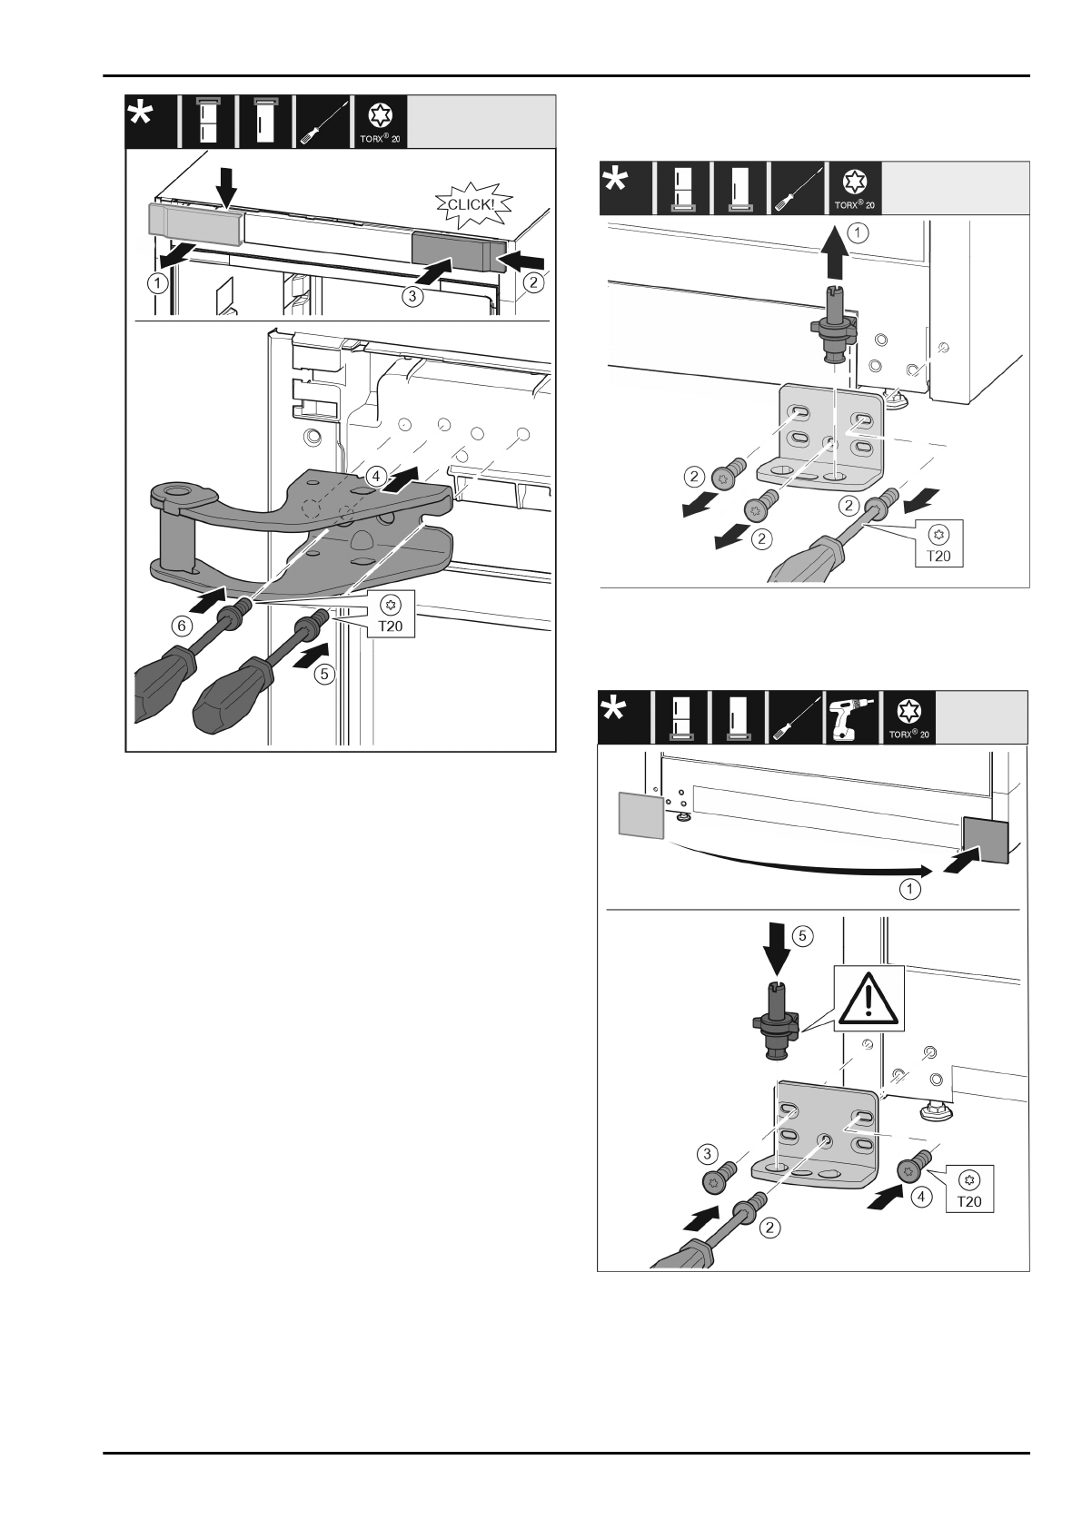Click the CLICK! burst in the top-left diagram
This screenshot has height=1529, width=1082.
tap(467, 205)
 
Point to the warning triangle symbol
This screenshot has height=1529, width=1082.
tap(869, 999)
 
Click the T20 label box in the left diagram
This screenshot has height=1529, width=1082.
tap(392, 613)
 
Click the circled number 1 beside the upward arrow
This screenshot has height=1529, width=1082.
tap(858, 232)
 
